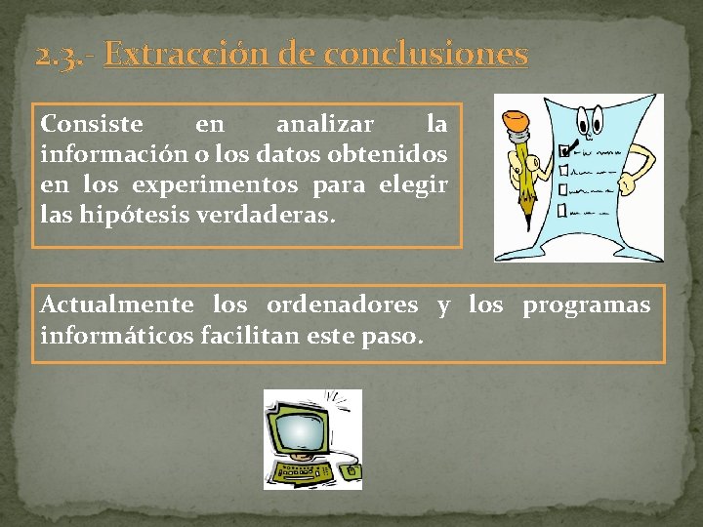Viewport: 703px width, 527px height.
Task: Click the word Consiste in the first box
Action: pyautogui.click(x=92, y=125)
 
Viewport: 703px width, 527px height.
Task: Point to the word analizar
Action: pyautogui.click(x=324, y=125)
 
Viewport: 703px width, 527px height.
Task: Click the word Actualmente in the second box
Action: pyautogui.click(x=117, y=305)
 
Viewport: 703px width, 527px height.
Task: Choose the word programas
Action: pyautogui.click(x=586, y=305)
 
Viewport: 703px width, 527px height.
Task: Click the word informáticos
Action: pyautogui.click(x=117, y=337)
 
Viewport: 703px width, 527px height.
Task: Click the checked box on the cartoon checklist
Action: pyautogui.click(x=563, y=152)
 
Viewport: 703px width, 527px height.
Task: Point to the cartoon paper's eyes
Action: pyautogui.click(x=590, y=117)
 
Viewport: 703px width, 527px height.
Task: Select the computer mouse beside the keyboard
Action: pyautogui.click(x=352, y=473)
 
